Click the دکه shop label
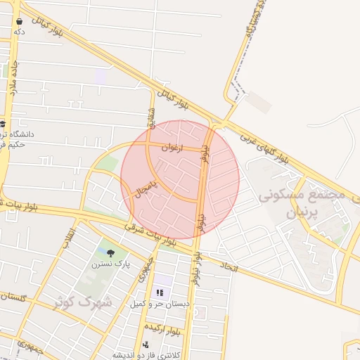[x=19, y=32]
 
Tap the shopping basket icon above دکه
[x=19, y=21]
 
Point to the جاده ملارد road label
[x=13, y=77]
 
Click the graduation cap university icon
[x=3, y=124]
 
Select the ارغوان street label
[x=171, y=148]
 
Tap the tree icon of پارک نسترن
[x=110, y=252]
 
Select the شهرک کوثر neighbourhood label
[x=83, y=303]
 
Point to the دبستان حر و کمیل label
[x=158, y=304]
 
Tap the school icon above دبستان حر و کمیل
[x=158, y=292]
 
